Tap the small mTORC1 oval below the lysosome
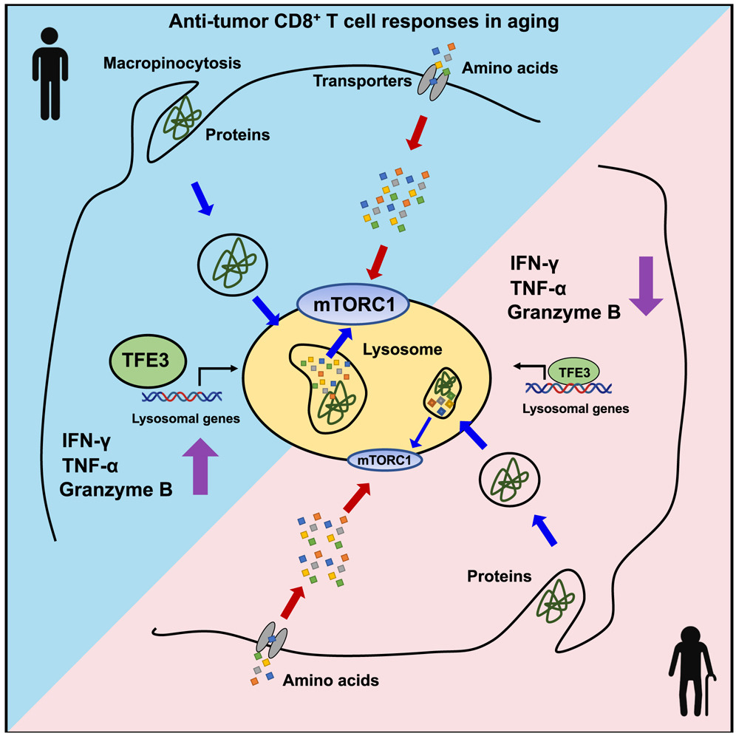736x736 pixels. coord(384,460)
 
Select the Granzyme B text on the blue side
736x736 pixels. coord(117,488)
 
